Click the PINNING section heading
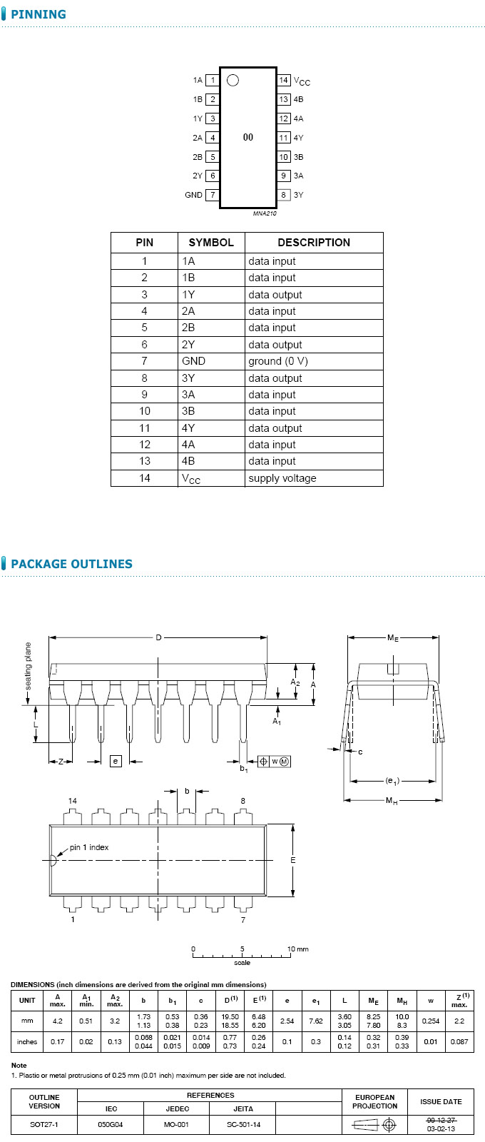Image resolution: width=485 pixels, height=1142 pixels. click(39, 14)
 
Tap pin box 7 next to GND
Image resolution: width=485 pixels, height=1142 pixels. click(213, 195)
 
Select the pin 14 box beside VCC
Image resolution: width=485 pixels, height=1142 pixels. click(284, 80)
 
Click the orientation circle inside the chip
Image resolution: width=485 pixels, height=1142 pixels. click(233, 81)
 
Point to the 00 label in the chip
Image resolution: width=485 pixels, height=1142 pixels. click(248, 137)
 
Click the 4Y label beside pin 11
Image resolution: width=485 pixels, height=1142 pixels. click(299, 138)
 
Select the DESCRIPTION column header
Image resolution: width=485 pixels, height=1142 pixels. click(314, 243)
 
